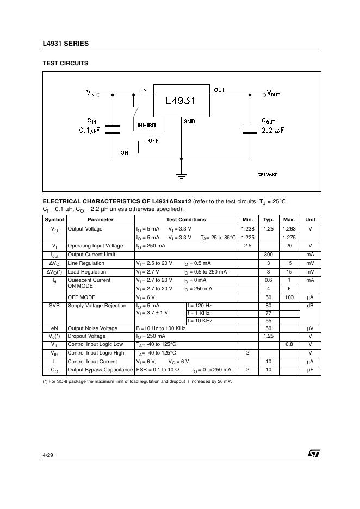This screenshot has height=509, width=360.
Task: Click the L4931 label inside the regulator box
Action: (181, 101)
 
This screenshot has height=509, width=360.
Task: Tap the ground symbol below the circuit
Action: (182, 175)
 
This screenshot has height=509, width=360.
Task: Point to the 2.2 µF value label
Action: (272, 131)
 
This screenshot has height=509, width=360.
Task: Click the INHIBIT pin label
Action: (146, 125)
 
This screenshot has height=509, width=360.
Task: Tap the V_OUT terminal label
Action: (272, 94)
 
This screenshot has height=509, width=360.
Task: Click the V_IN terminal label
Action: (90, 94)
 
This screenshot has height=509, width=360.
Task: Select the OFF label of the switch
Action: (153, 141)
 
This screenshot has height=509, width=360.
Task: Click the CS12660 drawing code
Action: (268, 175)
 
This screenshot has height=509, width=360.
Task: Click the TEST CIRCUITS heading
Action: (65, 63)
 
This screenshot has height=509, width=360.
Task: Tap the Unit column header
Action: (310, 220)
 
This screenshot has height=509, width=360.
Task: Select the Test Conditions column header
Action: (186, 220)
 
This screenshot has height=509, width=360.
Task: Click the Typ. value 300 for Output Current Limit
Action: (268, 254)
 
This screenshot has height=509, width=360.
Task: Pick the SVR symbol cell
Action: (54, 306)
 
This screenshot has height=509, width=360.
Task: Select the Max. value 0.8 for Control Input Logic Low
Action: (289, 344)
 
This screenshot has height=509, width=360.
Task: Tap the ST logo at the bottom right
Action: (314, 453)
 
